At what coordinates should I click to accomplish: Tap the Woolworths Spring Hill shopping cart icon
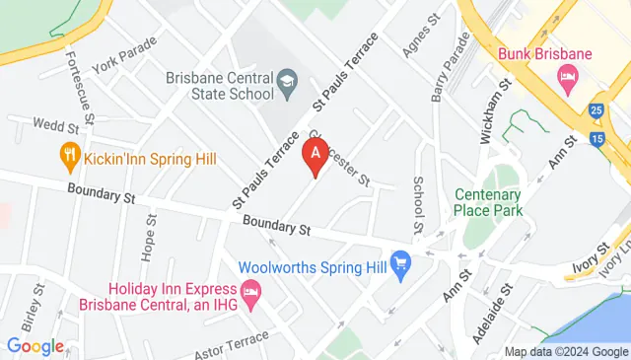click(x=400, y=263)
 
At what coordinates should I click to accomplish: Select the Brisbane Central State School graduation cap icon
click(x=287, y=78)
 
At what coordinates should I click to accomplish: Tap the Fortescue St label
click(x=78, y=89)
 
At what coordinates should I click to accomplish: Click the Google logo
click(x=35, y=346)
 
